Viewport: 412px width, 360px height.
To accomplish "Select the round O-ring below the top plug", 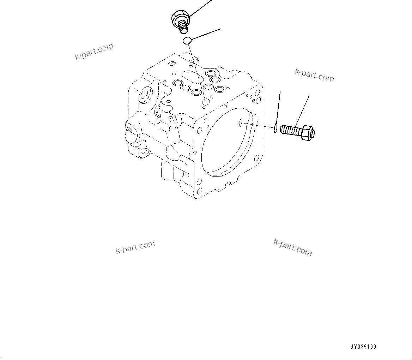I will pyautogui.click(x=187, y=41).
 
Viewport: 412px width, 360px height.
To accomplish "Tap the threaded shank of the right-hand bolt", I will pyautogui.click(x=290, y=130).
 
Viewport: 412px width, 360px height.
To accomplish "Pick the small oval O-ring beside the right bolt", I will pyautogui.click(x=275, y=128).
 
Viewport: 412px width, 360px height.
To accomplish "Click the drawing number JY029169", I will pyautogui.click(x=363, y=347).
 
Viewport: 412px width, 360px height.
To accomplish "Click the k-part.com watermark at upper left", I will pyautogui.click(x=94, y=52).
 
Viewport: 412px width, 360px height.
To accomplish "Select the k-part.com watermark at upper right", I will pyautogui.click(x=314, y=75).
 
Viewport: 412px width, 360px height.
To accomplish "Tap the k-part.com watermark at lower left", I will pyautogui.click(x=135, y=247).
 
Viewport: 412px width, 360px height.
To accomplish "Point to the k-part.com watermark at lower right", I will pyautogui.click(x=292, y=247).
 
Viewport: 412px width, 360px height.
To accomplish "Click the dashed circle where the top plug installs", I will pyautogui.click(x=206, y=102).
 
